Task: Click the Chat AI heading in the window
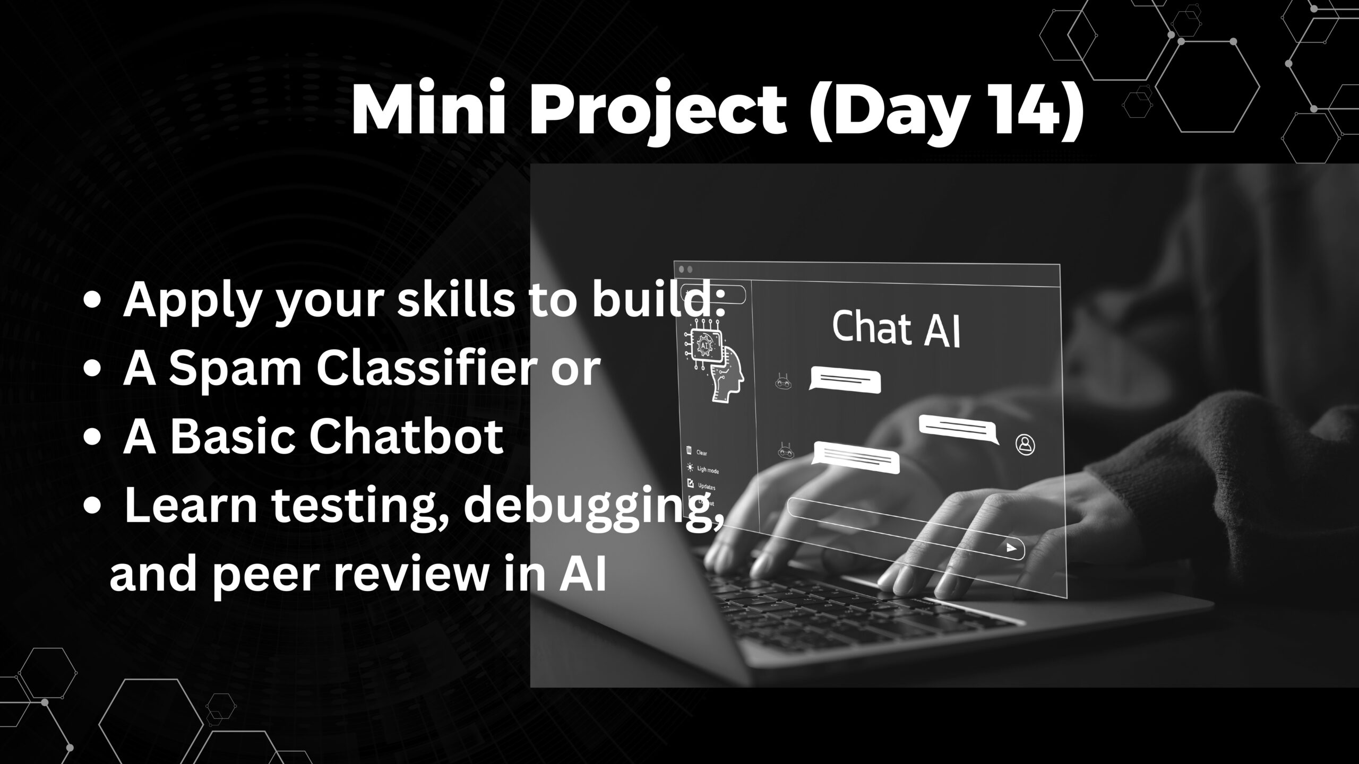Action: tap(896, 329)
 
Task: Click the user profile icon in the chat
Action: tap(1025, 445)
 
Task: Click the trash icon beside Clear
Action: tap(689, 451)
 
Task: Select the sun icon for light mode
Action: tap(690, 467)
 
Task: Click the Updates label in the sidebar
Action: tap(707, 486)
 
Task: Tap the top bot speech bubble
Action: tap(845, 380)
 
